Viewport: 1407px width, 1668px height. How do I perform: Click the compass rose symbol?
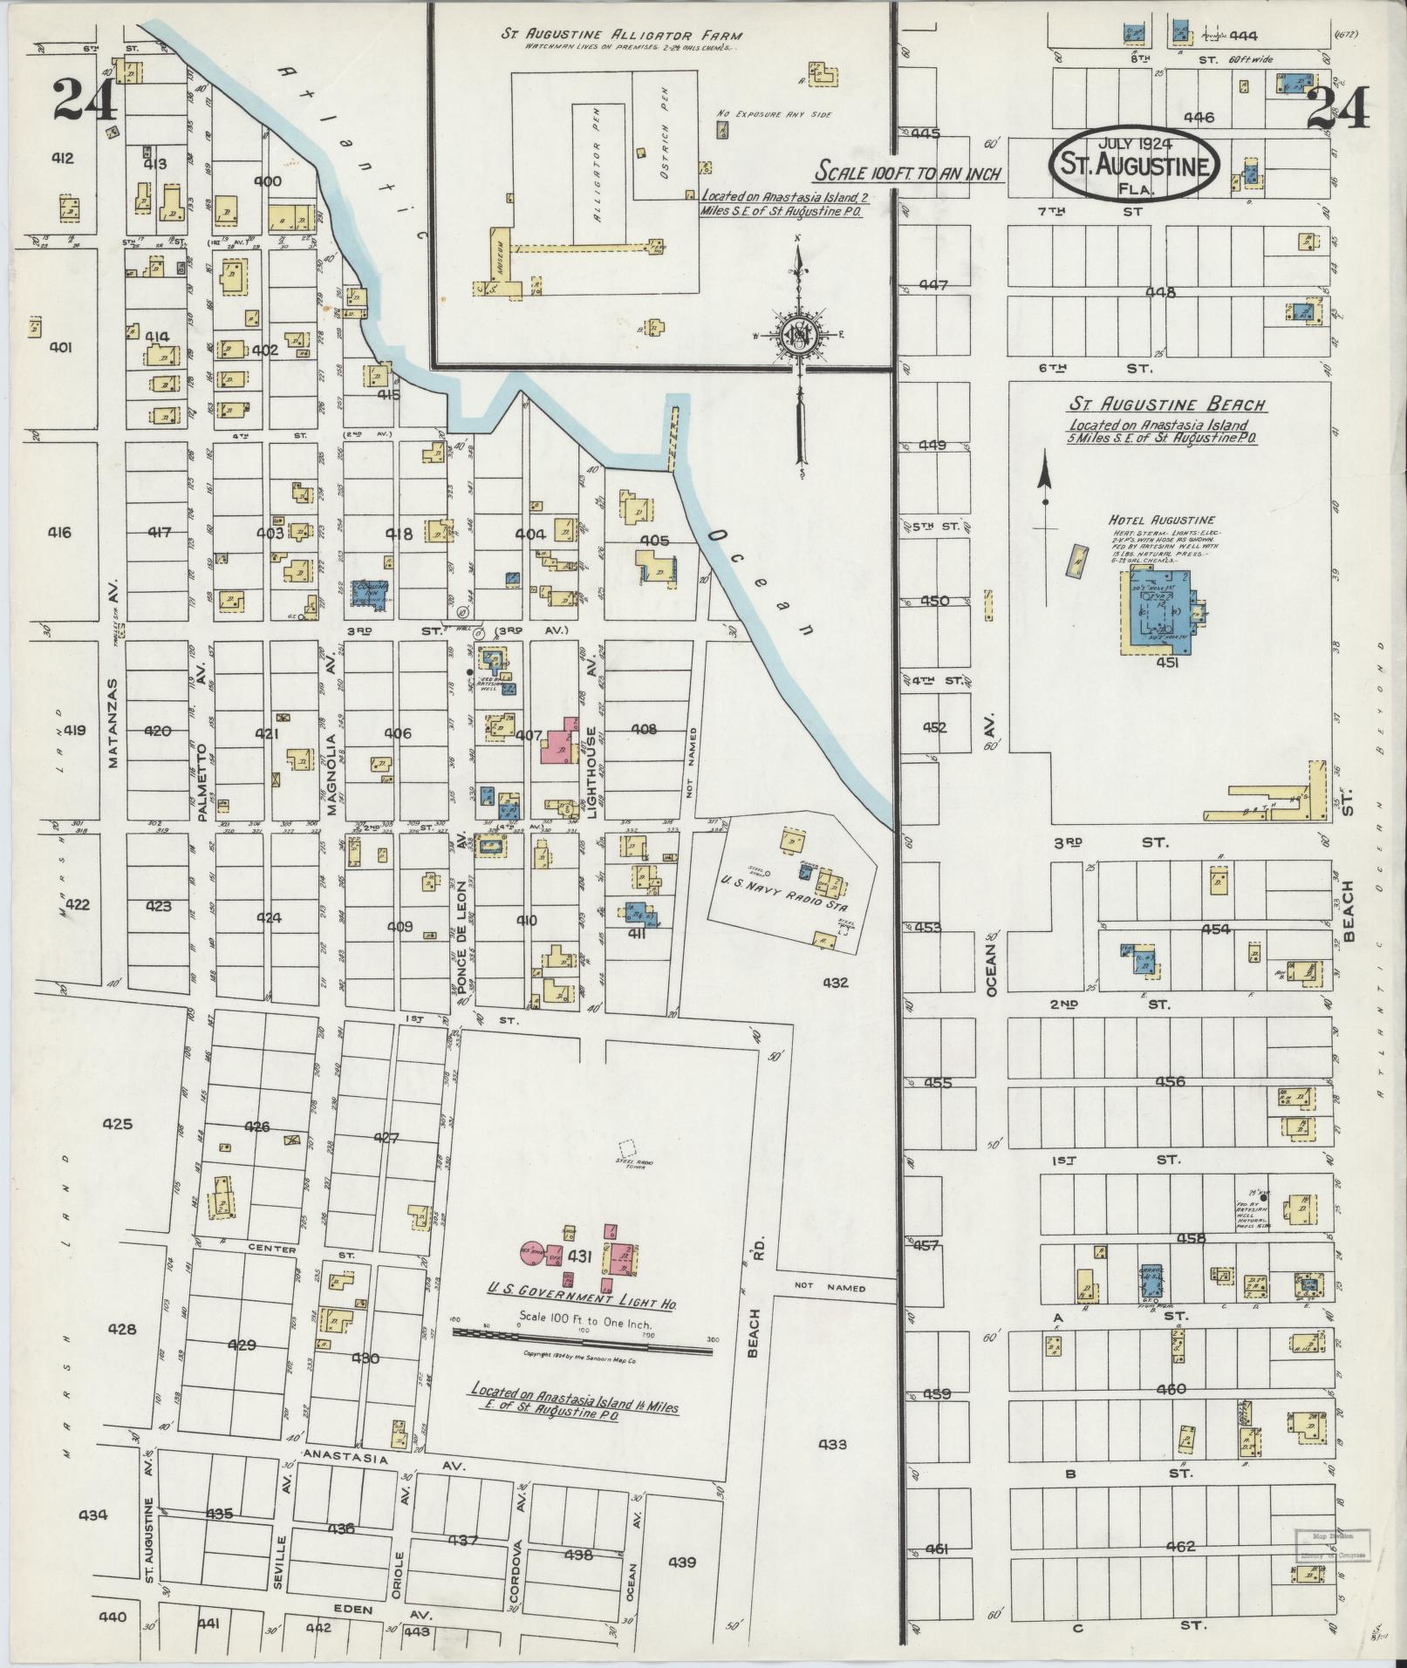797,334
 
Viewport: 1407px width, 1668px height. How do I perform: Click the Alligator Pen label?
598,174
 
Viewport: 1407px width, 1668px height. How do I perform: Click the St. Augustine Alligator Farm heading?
621,36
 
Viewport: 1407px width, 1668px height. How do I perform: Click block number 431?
580,1256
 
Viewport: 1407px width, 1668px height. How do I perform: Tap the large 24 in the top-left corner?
85,100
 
